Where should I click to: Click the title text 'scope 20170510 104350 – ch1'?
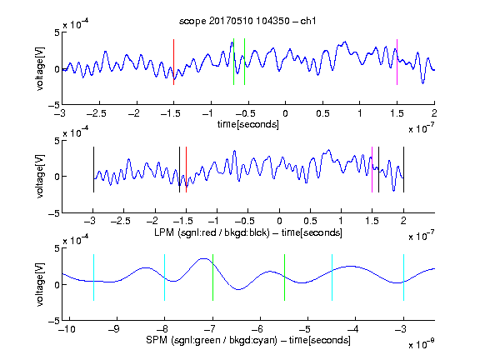pos(247,21)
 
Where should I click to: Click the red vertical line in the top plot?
pos(173,62)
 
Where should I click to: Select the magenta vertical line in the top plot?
pos(397,62)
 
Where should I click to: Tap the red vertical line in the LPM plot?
pos(186,170)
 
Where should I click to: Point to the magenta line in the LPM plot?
pos(372,170)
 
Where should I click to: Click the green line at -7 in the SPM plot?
pos(212,277)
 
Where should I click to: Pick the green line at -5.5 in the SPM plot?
pos(284,277)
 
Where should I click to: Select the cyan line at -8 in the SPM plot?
pos(165,277)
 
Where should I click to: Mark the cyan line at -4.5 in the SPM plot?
pos(332,277)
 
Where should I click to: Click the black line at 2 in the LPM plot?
pos(404,170)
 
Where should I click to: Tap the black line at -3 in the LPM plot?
pos(93,170)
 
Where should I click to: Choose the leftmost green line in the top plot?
pos(233,62)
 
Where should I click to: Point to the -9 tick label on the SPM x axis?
pos(114,329)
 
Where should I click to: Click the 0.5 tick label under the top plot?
pos(322,113)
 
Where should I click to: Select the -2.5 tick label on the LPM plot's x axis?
pos(120,221)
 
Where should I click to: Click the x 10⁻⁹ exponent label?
pos(422,344)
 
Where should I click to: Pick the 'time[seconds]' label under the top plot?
pos(248,124)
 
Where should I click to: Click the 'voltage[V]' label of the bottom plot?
pos(40,284)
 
